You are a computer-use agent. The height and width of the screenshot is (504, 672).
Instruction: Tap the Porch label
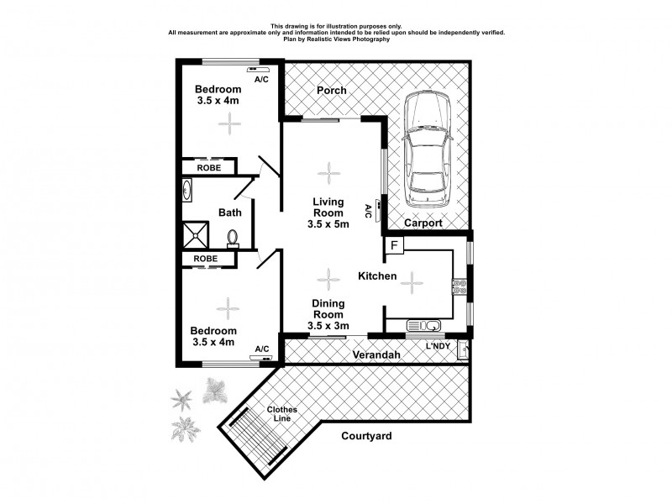pyautogui.click(x=331, y=91)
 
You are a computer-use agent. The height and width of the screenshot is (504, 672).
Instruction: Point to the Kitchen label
pyautogui.click(x=377, y=276)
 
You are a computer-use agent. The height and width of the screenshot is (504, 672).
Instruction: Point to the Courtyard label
pyautogui.click(x=366, y=436)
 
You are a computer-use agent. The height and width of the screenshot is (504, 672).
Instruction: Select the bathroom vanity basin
pyautogui.click(x=186, y=192)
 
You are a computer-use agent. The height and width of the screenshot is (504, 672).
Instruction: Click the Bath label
pyautogui.click(x=230, y=213)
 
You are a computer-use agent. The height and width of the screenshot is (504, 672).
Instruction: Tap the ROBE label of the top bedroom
pyautogui.click(x=209, y=168)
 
